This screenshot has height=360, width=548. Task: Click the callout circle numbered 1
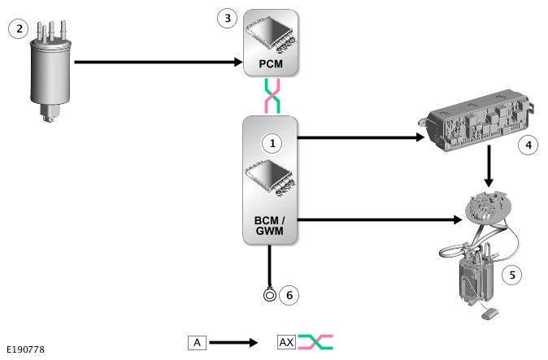273,143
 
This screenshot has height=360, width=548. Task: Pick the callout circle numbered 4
528,145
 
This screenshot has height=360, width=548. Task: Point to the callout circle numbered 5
511,275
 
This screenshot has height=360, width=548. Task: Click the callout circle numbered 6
289,295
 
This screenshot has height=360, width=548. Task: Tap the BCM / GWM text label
271,225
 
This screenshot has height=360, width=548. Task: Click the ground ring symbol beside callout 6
269,295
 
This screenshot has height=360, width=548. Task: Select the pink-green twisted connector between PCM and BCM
271,95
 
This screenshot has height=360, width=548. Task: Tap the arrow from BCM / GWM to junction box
358,137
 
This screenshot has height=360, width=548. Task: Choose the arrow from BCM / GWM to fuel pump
374,219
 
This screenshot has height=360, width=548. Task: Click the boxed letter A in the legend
197,342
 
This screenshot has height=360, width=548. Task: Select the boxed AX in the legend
286,342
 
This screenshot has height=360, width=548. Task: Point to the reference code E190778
25,349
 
